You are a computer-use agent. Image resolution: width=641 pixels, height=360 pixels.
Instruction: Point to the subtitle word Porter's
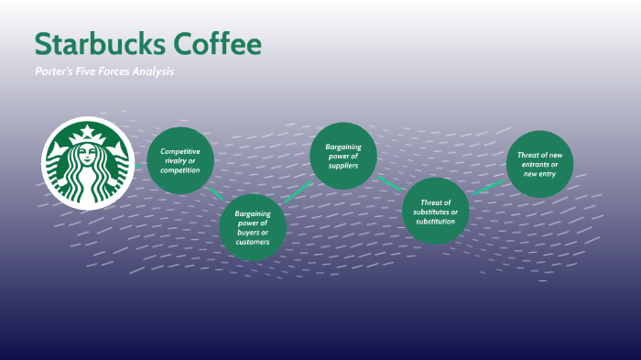[53, 71]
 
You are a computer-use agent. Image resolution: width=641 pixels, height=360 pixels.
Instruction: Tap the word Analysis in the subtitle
[151, 71]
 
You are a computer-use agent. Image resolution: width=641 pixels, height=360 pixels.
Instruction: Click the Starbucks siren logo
[89, 164]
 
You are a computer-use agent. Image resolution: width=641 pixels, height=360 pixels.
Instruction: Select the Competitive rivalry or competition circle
[180, 160]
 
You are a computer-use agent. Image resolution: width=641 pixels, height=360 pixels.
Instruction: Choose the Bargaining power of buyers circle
[252, 228]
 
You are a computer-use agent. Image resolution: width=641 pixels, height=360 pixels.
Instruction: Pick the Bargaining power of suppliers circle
[343, 155]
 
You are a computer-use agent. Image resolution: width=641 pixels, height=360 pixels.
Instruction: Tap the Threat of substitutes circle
[436, 211]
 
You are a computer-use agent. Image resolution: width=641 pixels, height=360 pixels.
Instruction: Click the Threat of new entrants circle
[540, 163]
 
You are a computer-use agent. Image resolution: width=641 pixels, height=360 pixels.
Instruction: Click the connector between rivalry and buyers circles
[217, 193]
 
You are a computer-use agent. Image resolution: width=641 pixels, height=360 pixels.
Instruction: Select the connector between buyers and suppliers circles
[297, 192]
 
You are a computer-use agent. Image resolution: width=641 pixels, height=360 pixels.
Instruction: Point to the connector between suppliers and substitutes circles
[390, 182]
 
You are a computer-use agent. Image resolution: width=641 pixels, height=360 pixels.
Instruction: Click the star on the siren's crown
[89, 134]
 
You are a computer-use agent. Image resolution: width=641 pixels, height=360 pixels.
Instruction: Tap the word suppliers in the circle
[343, 166]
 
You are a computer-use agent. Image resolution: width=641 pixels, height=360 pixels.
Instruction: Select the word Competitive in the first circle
[180, 151]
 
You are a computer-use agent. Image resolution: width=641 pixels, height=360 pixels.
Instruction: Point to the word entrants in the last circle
[540, 164]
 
